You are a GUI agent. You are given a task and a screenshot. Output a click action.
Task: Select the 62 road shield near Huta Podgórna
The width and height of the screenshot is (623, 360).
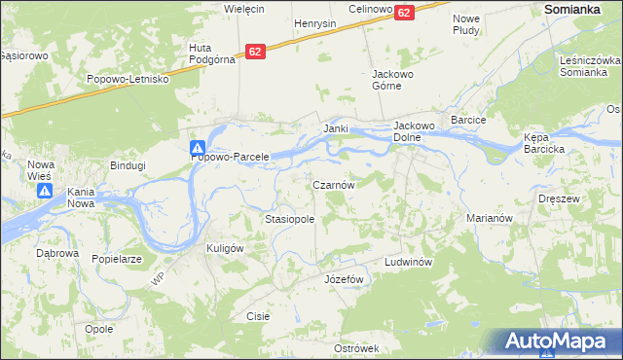tap(255, 51)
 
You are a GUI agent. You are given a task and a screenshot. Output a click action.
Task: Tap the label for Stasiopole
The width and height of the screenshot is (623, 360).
tap(290, 220)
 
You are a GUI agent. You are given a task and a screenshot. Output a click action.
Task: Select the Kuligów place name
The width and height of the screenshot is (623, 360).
tap(224, 248)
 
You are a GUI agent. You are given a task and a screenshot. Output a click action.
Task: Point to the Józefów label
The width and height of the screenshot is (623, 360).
tap(343, 279)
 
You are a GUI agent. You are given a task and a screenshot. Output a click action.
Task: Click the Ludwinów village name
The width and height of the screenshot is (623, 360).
tap(407, 263)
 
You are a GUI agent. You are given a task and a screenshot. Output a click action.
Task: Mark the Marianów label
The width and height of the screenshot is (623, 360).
tap(489, 219)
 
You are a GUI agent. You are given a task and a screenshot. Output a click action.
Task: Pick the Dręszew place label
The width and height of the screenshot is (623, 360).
tap(559, 198)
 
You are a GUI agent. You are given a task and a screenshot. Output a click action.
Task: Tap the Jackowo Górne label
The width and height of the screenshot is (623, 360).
tap(394, 80)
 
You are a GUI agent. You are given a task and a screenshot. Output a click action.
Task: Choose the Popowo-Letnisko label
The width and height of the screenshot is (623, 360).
tap(128, 79)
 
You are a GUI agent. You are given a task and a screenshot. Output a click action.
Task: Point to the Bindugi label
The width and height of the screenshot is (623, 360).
tap(128, 165)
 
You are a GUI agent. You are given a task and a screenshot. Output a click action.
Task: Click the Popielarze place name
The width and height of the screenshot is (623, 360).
tap(117, 260)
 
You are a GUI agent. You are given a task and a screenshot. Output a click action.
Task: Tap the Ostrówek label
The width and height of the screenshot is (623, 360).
tap(355, 348)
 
